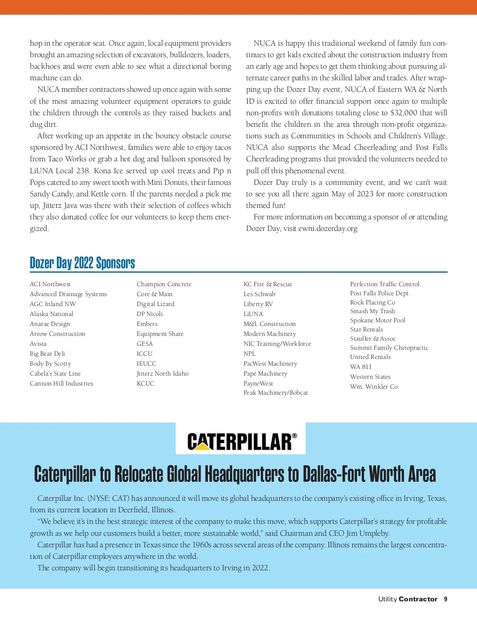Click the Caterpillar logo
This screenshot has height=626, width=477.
[x=241, y=441]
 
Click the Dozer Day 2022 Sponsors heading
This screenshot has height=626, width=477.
[x=82, y=263]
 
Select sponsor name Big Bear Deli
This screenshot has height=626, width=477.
[x=47, y=353]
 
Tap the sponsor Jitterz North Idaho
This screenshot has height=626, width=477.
[x=163, y=373]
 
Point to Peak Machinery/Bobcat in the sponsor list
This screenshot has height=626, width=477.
[x=276, y=392]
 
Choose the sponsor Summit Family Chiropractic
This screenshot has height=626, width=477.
[x=389, y=347]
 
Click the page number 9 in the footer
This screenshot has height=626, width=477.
[x=446, y=599]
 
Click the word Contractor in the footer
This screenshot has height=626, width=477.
[x=418, y=599]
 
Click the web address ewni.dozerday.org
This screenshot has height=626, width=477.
[x=328, y=229]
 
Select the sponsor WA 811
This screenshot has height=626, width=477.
[x=361, y=366]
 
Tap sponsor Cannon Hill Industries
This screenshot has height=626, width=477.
[x=62, y=383]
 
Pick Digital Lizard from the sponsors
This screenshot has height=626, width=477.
[x=155, y=304]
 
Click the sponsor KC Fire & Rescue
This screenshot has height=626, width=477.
[x=268, y=284]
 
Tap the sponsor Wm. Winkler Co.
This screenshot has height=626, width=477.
[x=374, y=386]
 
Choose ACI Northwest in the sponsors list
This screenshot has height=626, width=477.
[x=50, y=284]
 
